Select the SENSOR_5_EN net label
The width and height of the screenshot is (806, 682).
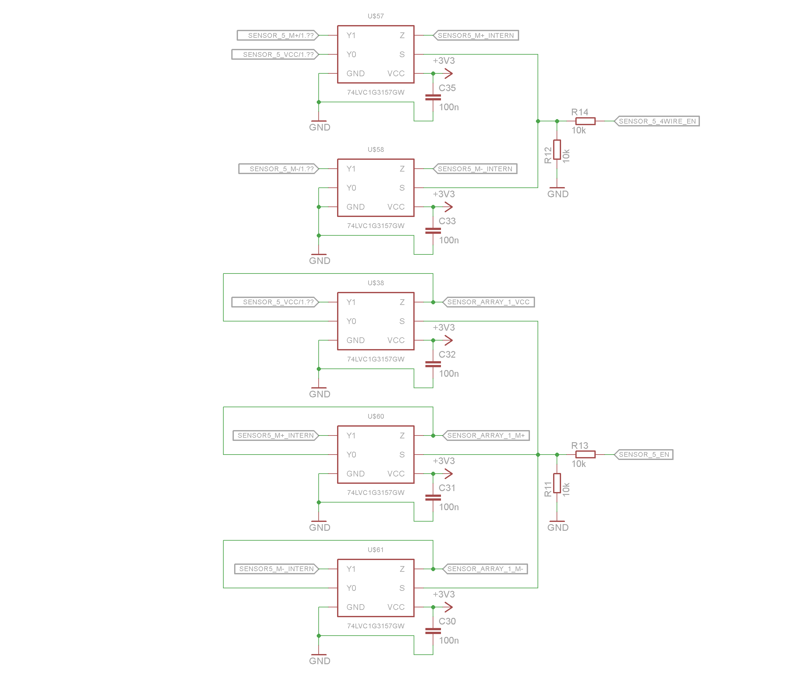coord(644,454)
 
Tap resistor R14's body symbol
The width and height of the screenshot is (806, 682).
coord(585,121)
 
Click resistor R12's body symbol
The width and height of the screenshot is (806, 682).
coord(557,150)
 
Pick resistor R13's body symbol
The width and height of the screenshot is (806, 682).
coord(585,454)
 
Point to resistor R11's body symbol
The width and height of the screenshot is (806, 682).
coord(557,483)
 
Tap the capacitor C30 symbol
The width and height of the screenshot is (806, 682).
coord(433,631)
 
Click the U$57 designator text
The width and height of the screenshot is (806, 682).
coord(375,16)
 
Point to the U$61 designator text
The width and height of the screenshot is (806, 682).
coord(375,550)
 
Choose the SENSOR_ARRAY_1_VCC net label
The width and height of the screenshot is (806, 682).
coord(488,302)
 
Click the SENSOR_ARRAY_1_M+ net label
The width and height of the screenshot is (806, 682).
coord(486,435)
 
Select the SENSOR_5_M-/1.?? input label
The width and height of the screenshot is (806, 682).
coord(279,169)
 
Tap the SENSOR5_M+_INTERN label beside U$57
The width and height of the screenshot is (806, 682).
coord(476,36)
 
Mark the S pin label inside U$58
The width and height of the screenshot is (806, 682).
coord(402,188)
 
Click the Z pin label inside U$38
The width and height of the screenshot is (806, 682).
coord(402,302)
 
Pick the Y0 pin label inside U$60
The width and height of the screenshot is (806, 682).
coord(351,455)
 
